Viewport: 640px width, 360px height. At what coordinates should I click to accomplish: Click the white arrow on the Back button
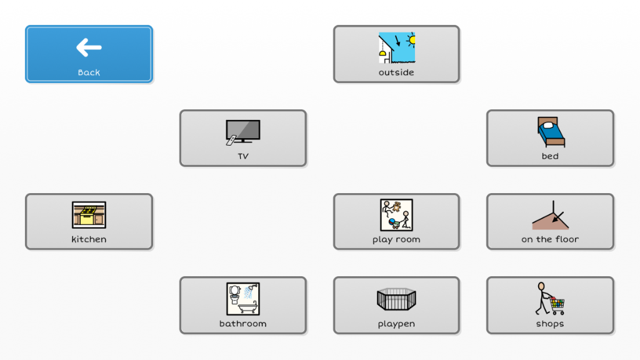coord(89,47)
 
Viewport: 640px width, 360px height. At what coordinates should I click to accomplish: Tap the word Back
coord(89,72)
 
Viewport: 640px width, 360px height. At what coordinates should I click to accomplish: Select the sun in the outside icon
coord(411,39)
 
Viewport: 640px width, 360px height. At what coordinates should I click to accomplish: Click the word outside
coord(396,72)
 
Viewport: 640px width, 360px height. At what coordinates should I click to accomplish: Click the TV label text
coord(243,156)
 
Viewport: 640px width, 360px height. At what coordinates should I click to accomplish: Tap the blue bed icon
coord(551,132)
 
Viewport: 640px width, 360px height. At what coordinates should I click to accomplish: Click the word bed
coord(550,156)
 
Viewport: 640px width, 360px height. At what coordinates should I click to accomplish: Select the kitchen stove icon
coord(89,215)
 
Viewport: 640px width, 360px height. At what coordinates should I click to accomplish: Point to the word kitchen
coord(89,239)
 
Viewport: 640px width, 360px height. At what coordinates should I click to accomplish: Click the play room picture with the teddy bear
coord(396,215)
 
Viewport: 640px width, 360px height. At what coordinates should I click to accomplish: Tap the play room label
coord(396,239)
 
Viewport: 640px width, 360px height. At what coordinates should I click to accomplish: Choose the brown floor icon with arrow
coord(551,215)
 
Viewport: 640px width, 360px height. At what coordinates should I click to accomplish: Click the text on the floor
coord(550,239)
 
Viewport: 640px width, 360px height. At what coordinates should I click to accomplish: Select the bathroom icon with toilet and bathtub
coord(243,299)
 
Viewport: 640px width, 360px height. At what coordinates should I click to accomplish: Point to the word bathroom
coord(243,324)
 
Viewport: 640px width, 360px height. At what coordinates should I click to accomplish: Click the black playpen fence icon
coord(396,299)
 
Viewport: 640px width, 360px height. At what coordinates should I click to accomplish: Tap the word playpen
coord(396,324)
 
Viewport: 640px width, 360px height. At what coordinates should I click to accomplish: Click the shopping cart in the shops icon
coord(557,305)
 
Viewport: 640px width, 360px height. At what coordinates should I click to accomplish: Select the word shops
coord(550,324)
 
